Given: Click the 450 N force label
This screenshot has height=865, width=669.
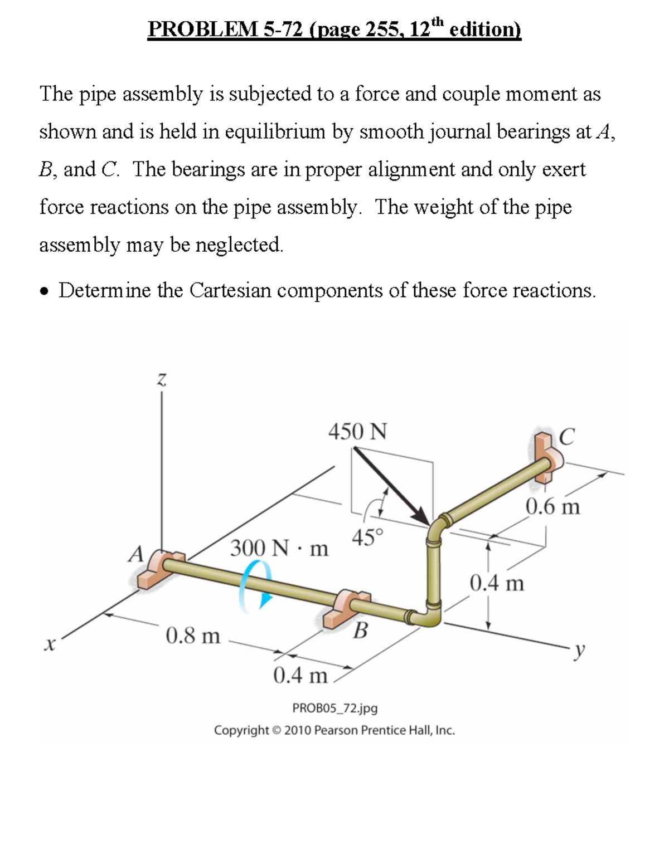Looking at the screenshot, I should tap(357, 432).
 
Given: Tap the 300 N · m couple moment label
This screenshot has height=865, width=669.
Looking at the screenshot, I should tap(279, 548).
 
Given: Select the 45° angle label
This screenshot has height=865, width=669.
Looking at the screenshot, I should tap(367, 537).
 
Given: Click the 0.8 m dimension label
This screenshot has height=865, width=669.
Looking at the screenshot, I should tap(193, 635).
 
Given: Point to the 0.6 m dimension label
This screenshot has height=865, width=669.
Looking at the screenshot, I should tap(552, 507).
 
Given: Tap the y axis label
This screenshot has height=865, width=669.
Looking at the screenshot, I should tap(580, 649).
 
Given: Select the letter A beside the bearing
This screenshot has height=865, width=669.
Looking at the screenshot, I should tap(135, 554).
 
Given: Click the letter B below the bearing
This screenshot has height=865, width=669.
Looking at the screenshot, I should tap(361, 631).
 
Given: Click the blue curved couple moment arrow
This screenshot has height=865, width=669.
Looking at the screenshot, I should tap(254, 585).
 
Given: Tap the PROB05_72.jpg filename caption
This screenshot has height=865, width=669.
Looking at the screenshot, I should tap(334, 708).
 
